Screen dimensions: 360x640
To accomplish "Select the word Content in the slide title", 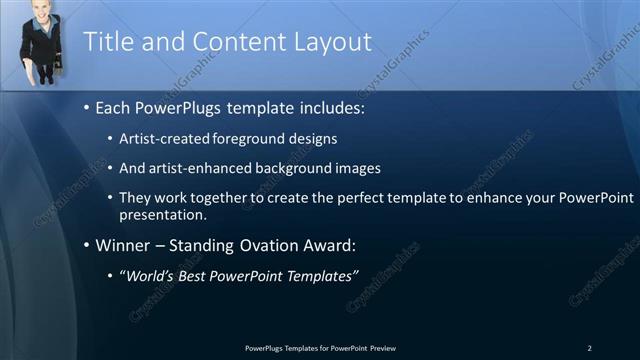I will tap(226, 42).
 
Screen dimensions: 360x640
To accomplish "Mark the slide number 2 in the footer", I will tap(589, 347).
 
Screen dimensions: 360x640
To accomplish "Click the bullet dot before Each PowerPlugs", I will tap(87, 107).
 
